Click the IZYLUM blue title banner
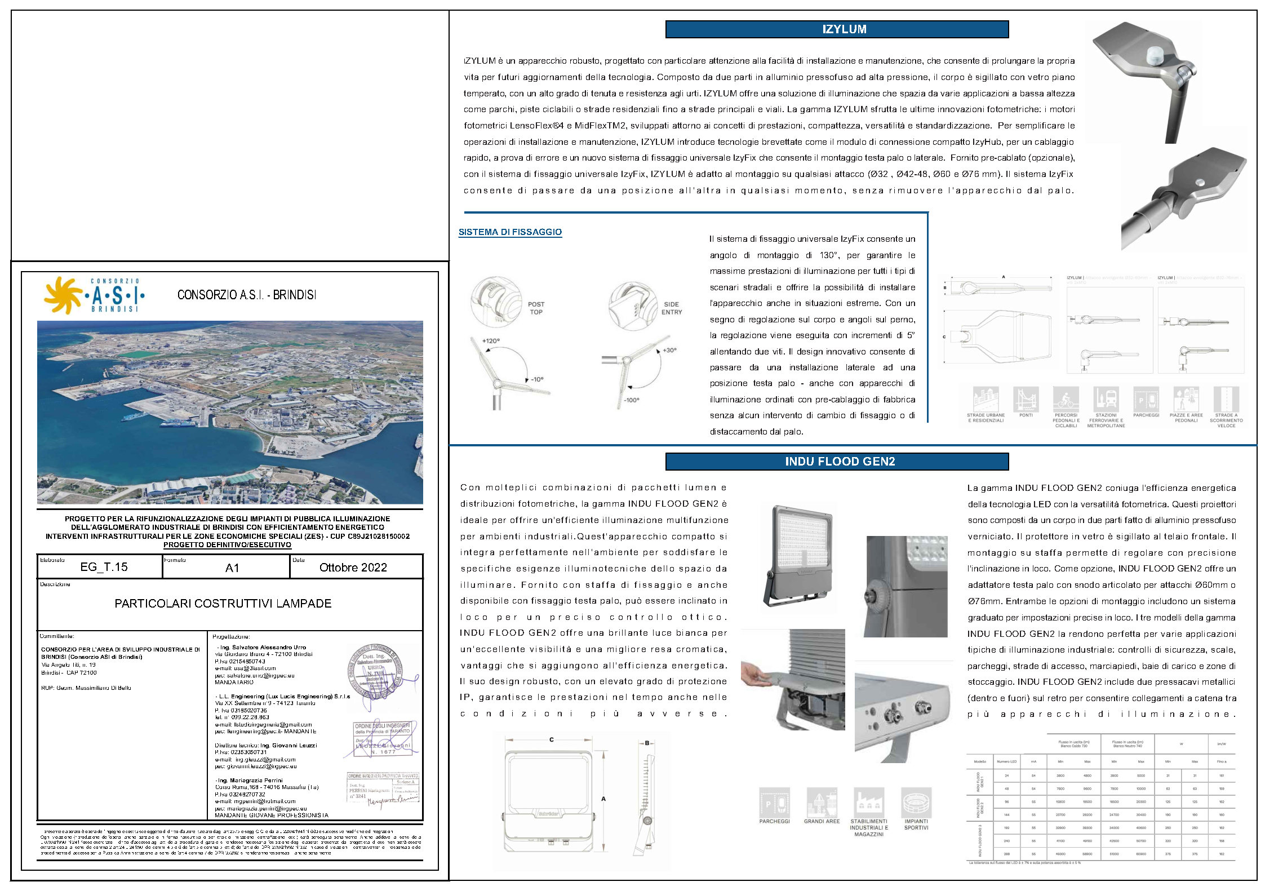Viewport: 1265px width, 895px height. [x=837, y=29]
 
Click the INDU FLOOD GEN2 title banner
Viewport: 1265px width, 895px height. [x=837, y=462]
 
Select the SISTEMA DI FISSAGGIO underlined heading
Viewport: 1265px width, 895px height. [x=510, y=232]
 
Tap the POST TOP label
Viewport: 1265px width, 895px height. [x=536, y=308]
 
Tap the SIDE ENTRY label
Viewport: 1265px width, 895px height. [x=671, y=308]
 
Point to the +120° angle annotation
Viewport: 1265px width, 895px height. [x=490, y=341]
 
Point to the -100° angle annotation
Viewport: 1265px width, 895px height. [x=631, y=400]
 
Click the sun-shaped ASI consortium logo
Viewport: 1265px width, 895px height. [x=63, y=295]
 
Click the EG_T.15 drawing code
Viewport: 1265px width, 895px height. [x=104, y=567]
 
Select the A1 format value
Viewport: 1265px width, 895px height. [x=232, y=568]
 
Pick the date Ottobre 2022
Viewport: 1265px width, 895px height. [x=353, y=568]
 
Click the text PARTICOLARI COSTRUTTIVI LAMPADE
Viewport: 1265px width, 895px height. [x=223, y=604]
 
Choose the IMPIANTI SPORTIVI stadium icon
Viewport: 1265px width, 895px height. [x=916, y=803]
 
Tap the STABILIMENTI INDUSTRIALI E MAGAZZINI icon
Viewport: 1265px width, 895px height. [x=868, y=803]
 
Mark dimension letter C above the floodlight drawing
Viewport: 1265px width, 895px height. [x=551, y=740]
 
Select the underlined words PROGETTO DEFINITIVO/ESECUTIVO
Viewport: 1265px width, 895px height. [x=227, y=545]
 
